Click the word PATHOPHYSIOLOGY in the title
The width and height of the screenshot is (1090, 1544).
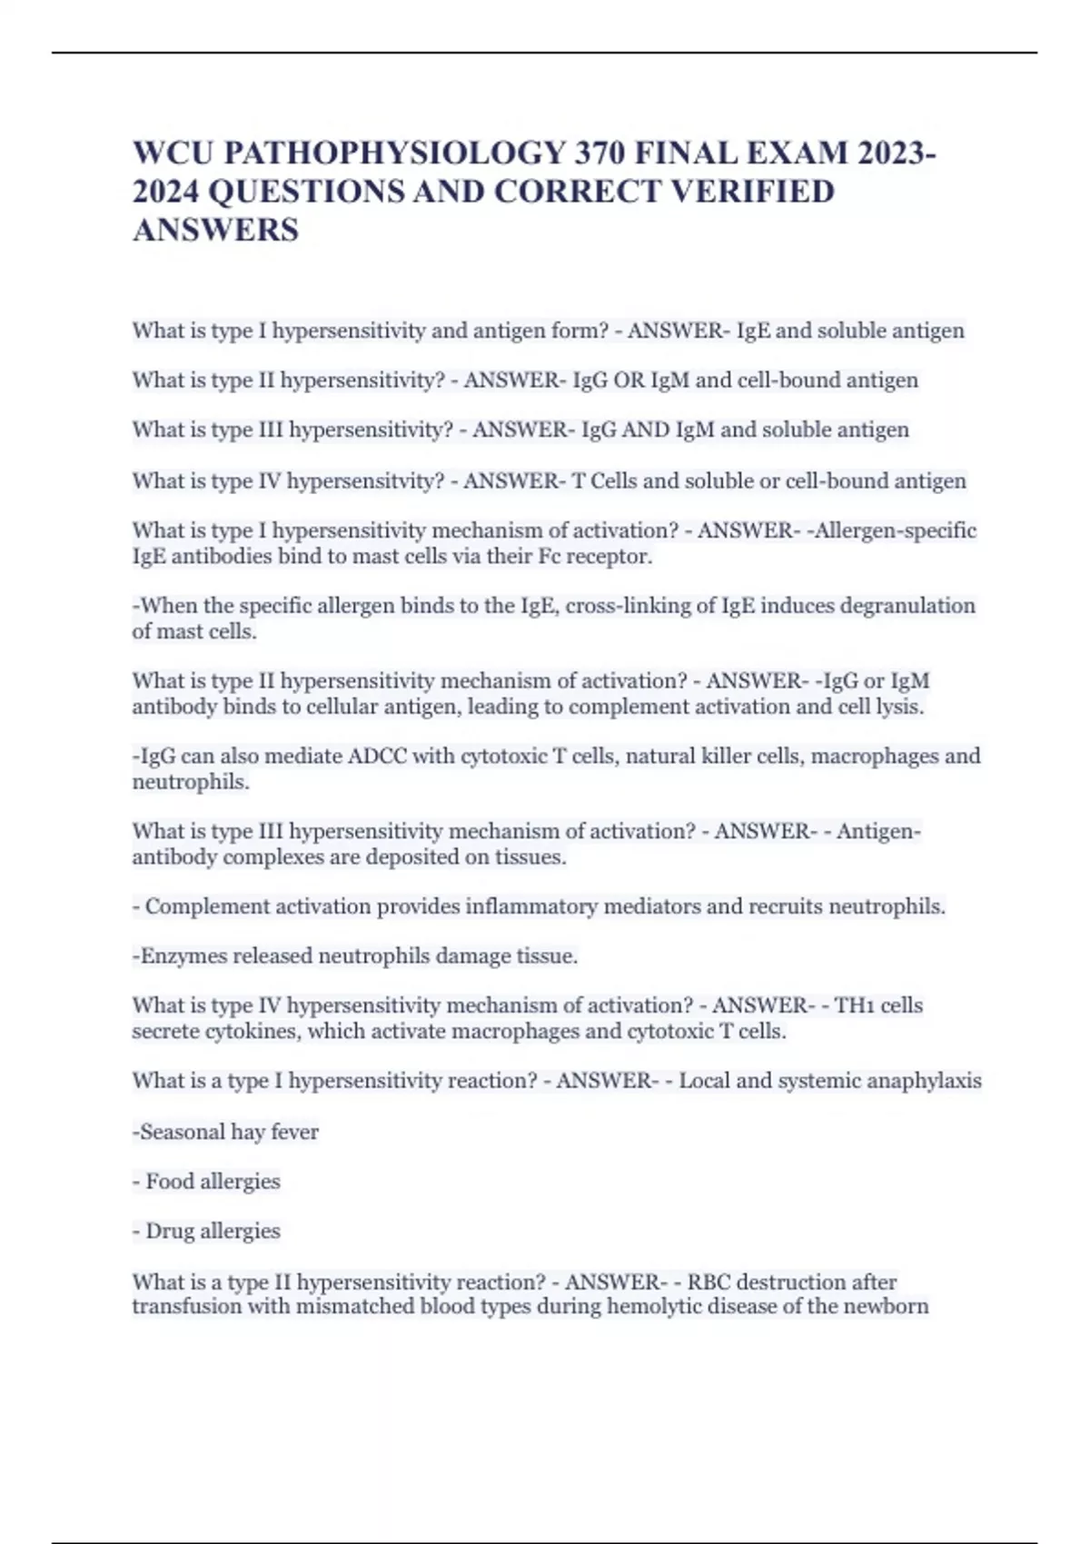tap(394, 153)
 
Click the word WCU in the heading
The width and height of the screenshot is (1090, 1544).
tap(173, 153)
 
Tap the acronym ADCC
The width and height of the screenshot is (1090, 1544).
tap(377, 757)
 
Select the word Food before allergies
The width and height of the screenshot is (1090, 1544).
tap(169, 1182)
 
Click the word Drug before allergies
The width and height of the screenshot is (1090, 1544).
tap(170, 1232)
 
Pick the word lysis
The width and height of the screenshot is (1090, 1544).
tap(898, 707)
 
